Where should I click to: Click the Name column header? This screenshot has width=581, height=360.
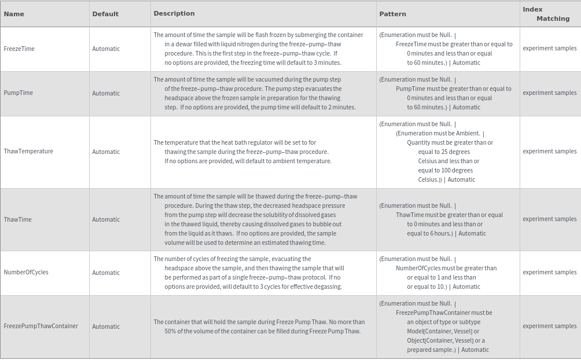point(14,14)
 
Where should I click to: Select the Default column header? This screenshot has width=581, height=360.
point(105,14)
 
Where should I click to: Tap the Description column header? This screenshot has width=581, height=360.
point(174,13)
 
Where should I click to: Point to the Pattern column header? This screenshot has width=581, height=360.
point(393,14)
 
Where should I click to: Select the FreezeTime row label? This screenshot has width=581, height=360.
point(19,49)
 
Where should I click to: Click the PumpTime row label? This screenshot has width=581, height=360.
point(19,93)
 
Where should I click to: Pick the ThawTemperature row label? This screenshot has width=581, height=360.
point(28,151)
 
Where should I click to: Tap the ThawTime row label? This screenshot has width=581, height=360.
point(18,219)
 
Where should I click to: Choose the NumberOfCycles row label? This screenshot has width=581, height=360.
point(26,272)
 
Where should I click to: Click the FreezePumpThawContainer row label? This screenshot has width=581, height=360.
point(41,326)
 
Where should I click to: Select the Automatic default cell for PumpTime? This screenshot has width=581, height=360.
point(106,93)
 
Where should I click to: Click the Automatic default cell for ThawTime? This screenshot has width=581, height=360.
point(106,219)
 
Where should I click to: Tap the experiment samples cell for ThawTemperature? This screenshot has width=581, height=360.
point(549,151)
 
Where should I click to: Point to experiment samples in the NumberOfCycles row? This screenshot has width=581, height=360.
point(549,272)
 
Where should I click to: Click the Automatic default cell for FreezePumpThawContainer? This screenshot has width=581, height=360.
point(106,326)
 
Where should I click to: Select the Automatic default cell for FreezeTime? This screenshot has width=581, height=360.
point(106,49)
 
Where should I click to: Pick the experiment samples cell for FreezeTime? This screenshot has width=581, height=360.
point(549,49)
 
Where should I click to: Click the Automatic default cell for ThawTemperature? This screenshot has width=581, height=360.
point(106,152)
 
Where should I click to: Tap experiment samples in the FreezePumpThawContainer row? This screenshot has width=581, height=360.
point(549,326)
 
